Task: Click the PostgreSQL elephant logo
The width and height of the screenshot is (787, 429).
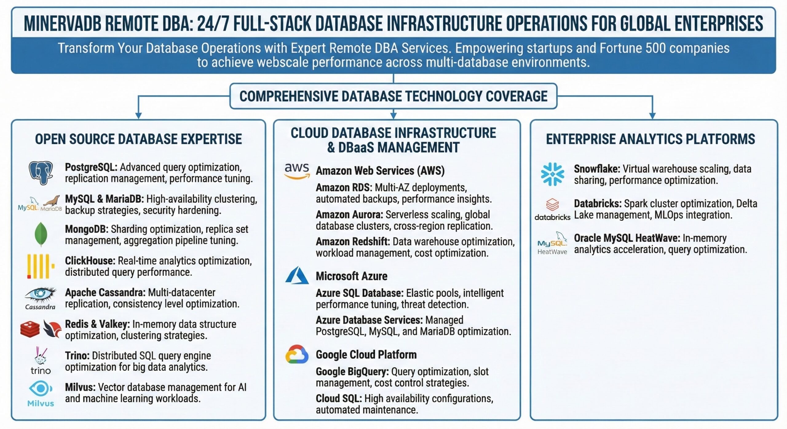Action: click(x=41, y=173)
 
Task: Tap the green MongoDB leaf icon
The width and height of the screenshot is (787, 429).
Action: click(x=41, y=234)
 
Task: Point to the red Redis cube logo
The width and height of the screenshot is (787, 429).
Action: click(x=30, y=329)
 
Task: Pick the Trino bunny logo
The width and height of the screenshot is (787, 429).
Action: click(x=41, y=361)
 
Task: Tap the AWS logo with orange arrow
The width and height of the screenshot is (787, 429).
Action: click(x=297, y=171)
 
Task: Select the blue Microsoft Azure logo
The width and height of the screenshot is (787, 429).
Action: click(x=297, y=275)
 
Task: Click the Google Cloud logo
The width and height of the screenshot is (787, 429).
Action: click(x=297, y=354)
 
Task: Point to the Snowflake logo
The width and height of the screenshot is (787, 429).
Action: click(x=552, y=174)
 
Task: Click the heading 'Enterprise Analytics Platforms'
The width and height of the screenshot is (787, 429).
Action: click(x=651, y=139)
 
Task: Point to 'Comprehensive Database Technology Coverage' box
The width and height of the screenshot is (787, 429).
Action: click(x=393, y=96)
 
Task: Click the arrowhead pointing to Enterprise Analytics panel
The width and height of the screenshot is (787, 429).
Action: click(x=652, y=116)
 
